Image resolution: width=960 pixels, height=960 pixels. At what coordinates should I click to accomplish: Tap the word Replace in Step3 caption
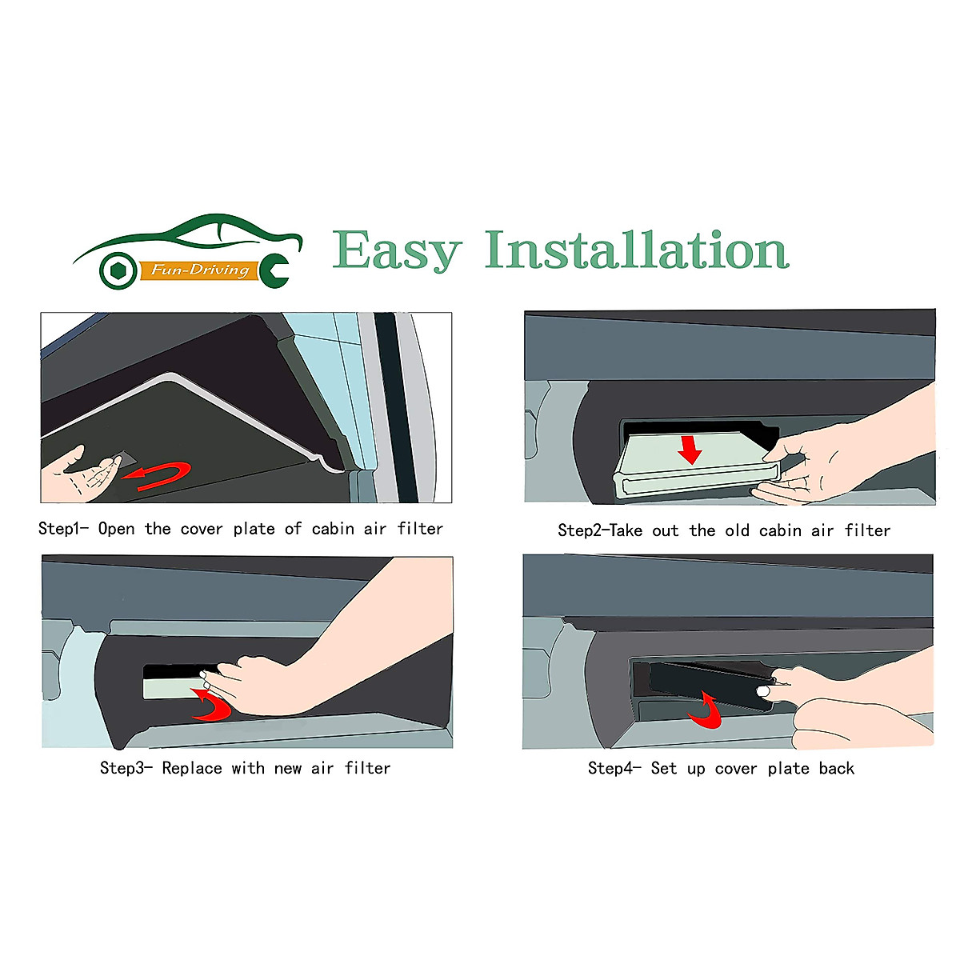click(x=191, y=768)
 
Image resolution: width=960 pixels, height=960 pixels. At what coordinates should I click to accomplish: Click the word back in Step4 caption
click(x=836, y=769)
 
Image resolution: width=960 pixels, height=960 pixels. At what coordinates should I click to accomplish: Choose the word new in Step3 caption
click(x=287, y=769)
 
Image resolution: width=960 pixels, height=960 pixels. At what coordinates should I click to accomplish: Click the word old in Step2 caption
click(x=737, y=530)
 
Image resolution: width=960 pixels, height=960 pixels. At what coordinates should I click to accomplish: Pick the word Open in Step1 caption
click(x=116, y=529)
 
